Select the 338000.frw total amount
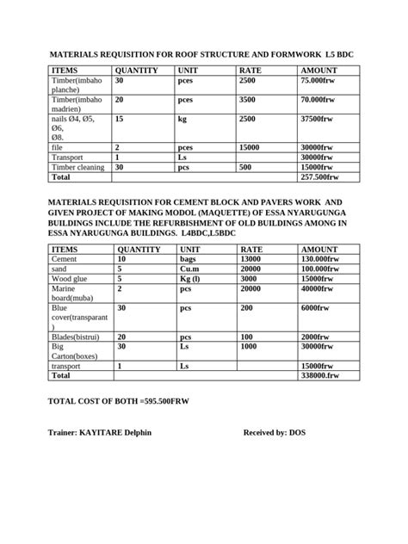tap(321, 375)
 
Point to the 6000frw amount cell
tap(315, 307)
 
